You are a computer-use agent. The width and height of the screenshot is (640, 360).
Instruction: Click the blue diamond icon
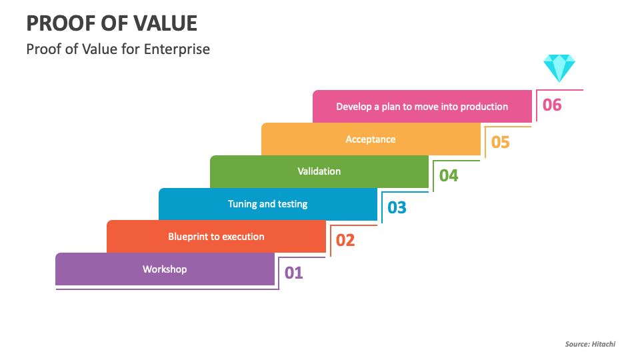(559, 68)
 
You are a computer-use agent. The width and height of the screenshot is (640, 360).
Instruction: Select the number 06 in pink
(552, 105)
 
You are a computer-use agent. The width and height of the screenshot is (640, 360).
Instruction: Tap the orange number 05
(501, 143)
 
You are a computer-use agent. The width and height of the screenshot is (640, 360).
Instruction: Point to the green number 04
(449, 175)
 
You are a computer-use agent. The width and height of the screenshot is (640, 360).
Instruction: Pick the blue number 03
(397, 208)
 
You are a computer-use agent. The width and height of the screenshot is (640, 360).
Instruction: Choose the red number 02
(345, 241)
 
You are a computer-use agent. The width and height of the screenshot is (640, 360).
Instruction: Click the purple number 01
(293, 273)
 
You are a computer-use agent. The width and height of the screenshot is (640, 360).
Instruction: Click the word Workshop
(165, 269)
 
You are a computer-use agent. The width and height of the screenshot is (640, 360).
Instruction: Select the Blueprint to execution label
(216, 237)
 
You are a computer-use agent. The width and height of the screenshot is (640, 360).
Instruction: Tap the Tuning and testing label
(268, 204)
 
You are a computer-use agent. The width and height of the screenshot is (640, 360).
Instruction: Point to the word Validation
(319, 171)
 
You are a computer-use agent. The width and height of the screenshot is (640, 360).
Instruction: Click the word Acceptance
(371, 139)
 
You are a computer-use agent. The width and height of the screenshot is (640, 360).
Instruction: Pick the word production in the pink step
(485, 107)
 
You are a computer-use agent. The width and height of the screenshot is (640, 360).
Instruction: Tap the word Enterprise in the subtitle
(177, 49)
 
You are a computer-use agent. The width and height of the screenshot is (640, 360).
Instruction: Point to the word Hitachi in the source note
(604, 344)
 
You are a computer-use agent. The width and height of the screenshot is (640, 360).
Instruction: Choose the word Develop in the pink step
(354, 107)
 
